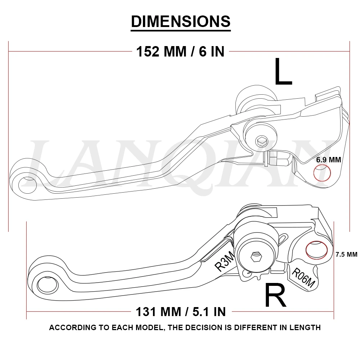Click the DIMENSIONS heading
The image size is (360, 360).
click(180, 22)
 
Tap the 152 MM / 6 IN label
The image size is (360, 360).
click(180, 52)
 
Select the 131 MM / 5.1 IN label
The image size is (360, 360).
click(181, 311)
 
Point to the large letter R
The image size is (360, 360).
click(275, 295)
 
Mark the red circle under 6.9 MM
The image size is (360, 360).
click(322, 173)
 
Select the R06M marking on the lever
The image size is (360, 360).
click(303, 278)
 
